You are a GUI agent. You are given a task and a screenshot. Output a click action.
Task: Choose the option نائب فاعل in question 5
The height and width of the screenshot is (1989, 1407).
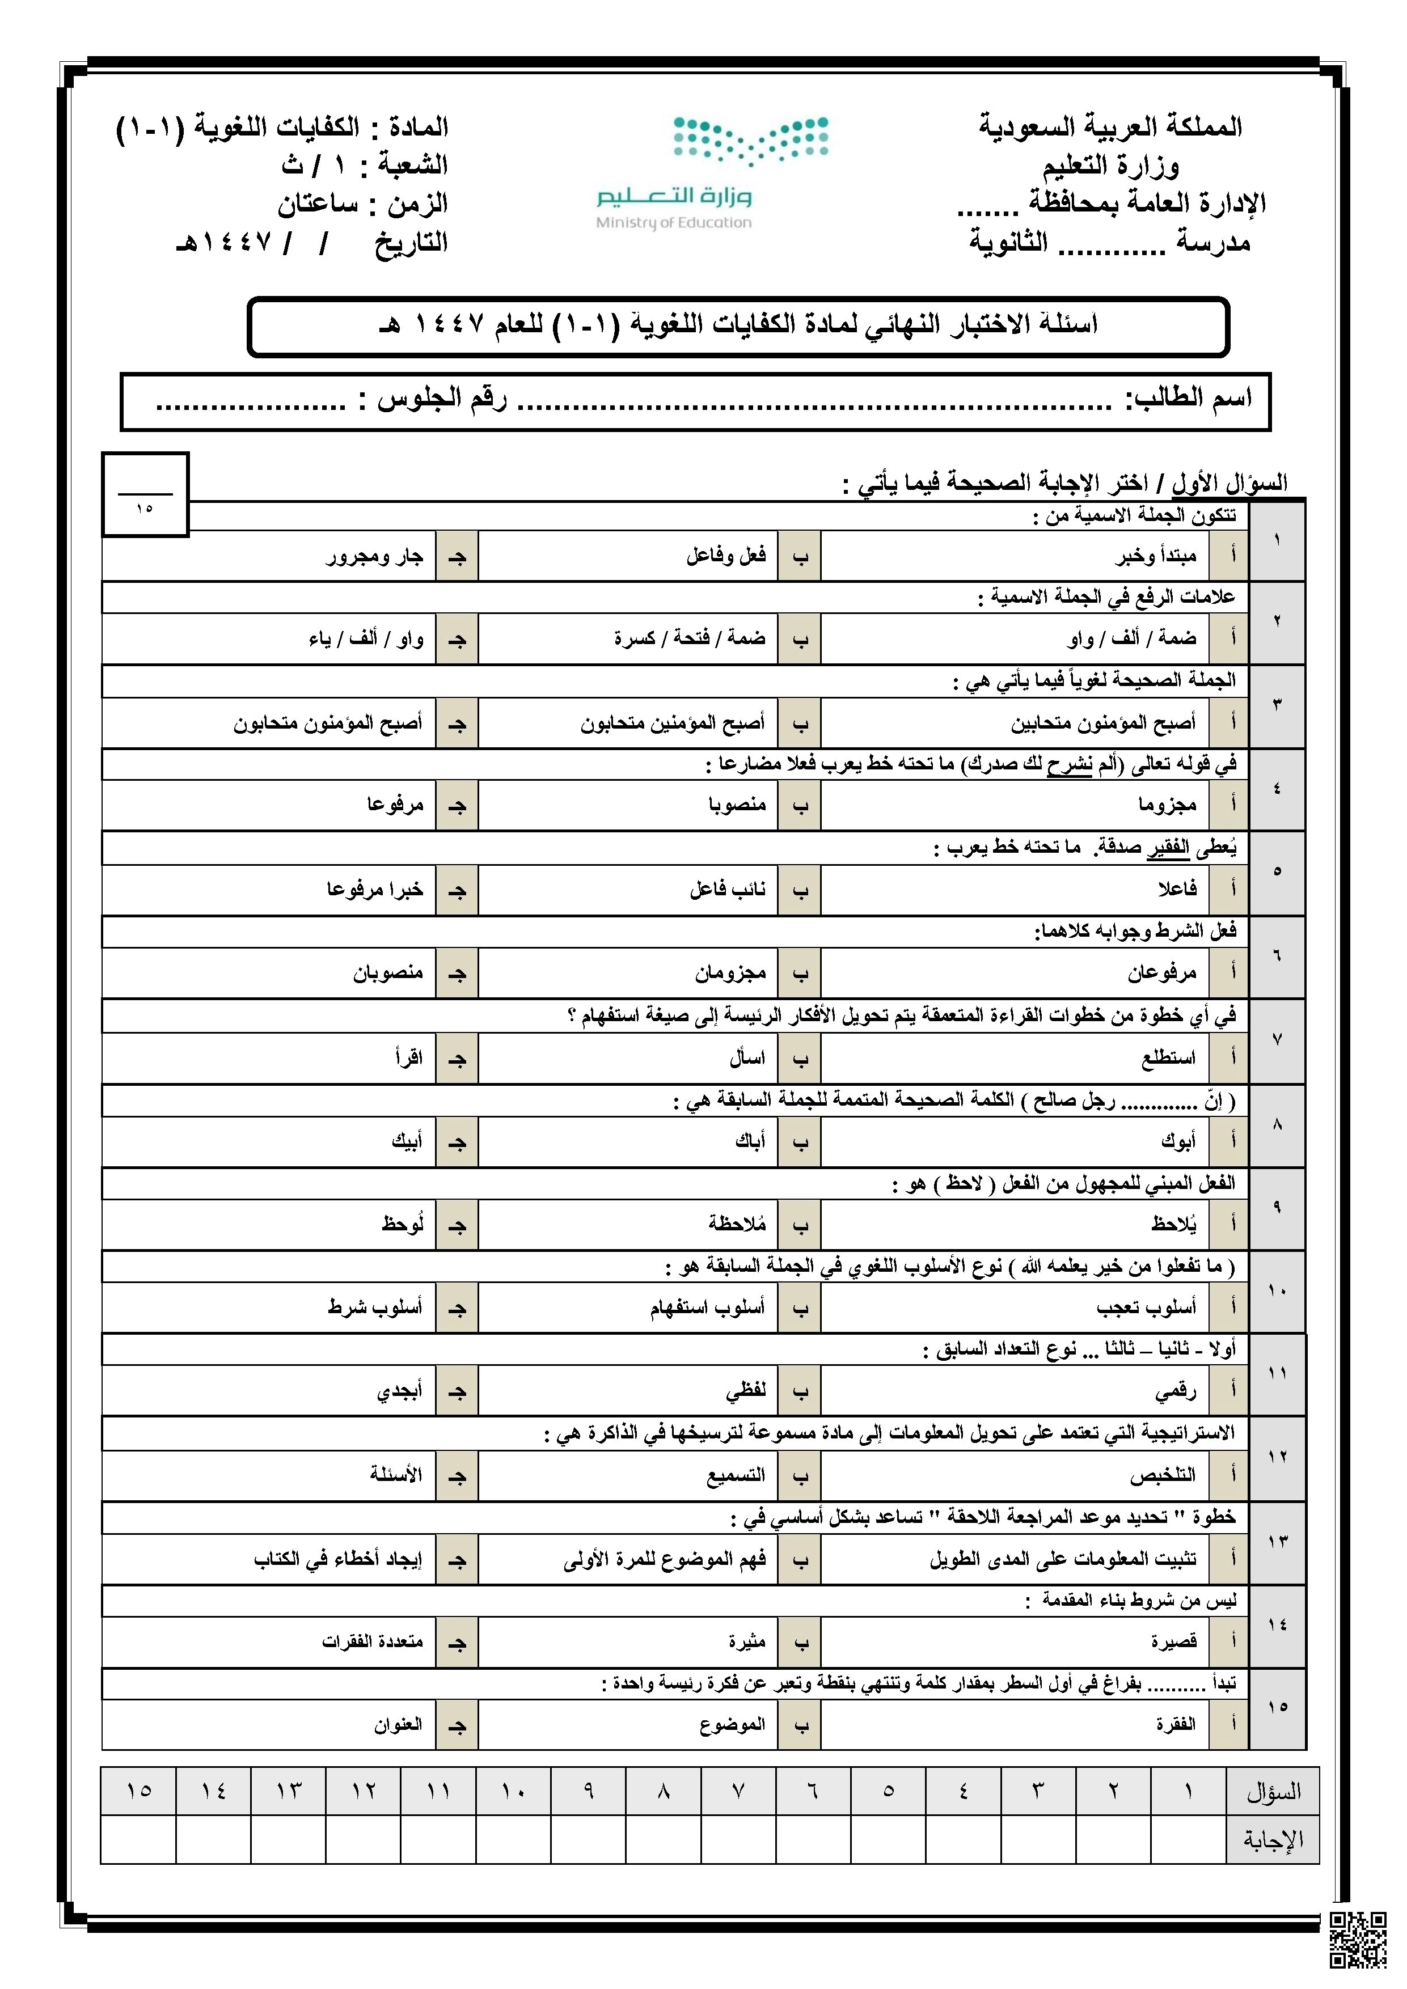(727, 889)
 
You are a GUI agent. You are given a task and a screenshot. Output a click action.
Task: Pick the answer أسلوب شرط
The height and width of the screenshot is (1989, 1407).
(374, 1307)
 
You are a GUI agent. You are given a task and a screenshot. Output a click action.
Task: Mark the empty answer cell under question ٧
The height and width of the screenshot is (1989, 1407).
(738, 1839)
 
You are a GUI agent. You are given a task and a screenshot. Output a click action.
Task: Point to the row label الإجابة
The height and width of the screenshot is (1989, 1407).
(1273, 1839)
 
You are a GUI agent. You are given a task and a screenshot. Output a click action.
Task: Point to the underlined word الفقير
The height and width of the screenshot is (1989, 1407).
(1168, 848)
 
